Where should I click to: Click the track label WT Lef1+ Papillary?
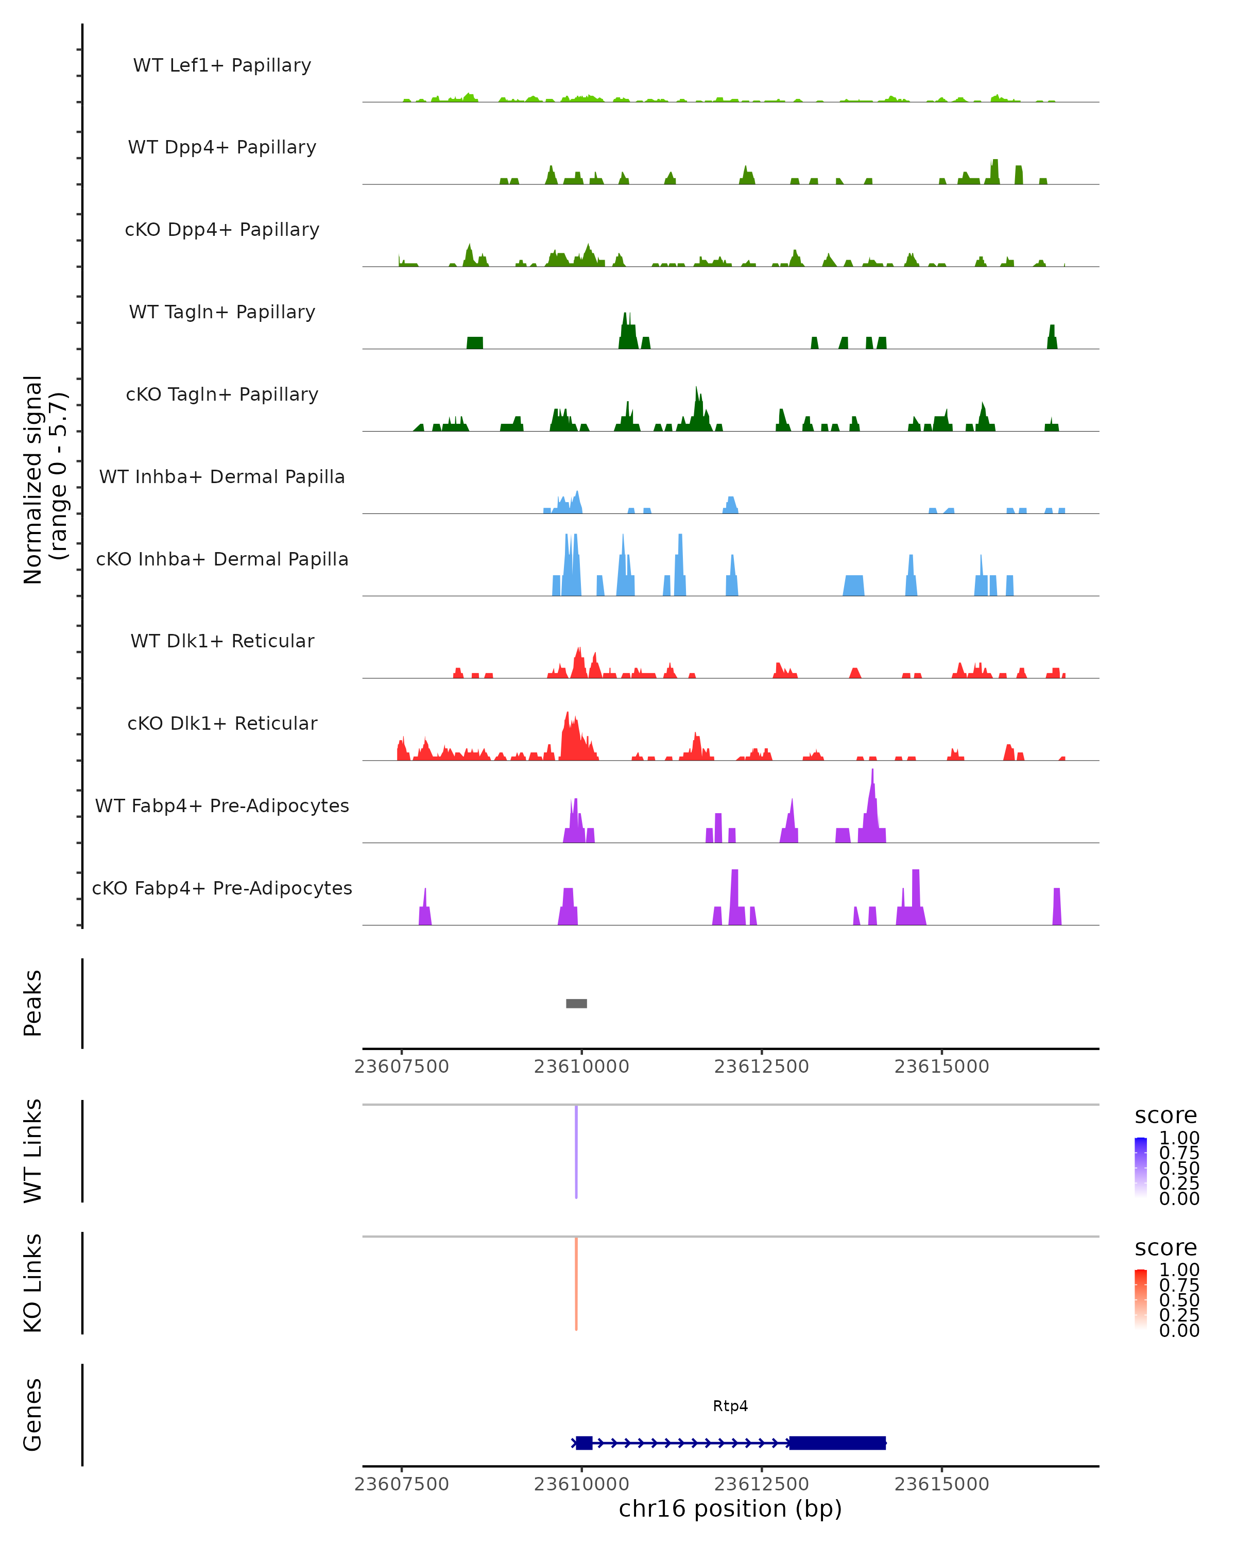[222, 65]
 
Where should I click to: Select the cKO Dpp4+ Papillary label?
[222, 230]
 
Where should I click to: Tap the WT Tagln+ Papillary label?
[222, 313]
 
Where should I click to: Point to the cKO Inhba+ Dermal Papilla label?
[222, 560]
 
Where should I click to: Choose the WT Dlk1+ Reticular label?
[222, 641]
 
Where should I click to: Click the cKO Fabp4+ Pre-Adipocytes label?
[222, 888]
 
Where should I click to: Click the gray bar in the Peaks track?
[576, 1003]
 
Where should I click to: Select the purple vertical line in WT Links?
[576, 1152]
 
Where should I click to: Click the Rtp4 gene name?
[730, 1406]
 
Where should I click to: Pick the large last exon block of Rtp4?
[837, 1443]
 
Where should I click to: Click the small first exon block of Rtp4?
[584, 1443]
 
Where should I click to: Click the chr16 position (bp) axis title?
[730, 1508]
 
